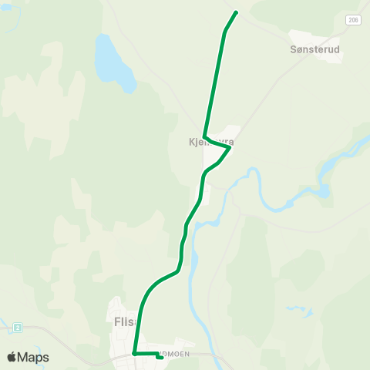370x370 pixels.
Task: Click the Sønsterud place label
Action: coord(316,49)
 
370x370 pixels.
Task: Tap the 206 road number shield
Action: coord(352,20)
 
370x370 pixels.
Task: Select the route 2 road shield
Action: coord(17,328)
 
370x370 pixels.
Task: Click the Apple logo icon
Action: coord(12,357)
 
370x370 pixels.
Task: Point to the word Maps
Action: coord(33,357)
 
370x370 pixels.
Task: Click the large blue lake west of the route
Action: coord(113,62)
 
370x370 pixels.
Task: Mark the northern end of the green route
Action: coord(235,12)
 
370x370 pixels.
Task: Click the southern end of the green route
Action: coord(160,357)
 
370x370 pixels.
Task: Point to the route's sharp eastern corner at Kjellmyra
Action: coord(229,148)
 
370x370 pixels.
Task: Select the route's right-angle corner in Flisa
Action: coord(135,353)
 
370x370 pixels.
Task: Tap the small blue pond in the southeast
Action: coord(298,309)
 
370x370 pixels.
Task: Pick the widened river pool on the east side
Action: coord(326,189)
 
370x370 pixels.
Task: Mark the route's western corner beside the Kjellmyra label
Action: coord(204,136)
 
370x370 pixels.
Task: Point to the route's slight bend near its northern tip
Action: coord(225,32)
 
